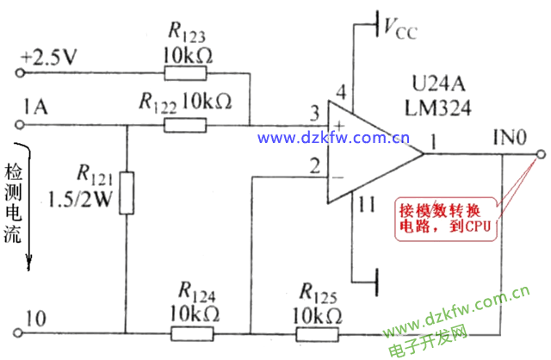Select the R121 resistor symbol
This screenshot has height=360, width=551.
pos(127,191)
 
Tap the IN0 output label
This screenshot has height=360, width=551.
pos(509,137)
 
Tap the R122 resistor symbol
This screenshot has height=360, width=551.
pos(187,125)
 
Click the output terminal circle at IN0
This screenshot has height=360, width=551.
pos(541,155)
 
